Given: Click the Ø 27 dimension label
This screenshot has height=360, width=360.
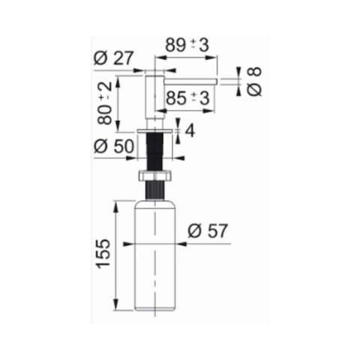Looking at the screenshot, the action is [114, 58].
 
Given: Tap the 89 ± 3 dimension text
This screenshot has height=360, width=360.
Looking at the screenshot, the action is [187, 45].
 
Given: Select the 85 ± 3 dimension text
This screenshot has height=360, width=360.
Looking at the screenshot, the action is [187, 97].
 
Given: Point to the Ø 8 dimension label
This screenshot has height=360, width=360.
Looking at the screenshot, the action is [254, 82].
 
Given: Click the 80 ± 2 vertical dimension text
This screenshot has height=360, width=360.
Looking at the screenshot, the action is [105, 103].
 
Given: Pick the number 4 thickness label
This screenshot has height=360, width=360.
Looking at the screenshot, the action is [190, 130].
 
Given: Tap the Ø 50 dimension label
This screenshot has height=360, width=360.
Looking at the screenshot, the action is [114, 146].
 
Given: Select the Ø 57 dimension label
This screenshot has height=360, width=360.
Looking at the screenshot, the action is [208, 231].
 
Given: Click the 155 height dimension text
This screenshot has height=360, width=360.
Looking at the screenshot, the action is [103, 253].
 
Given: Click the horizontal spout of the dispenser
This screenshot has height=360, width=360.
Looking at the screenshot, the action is [190, 82].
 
